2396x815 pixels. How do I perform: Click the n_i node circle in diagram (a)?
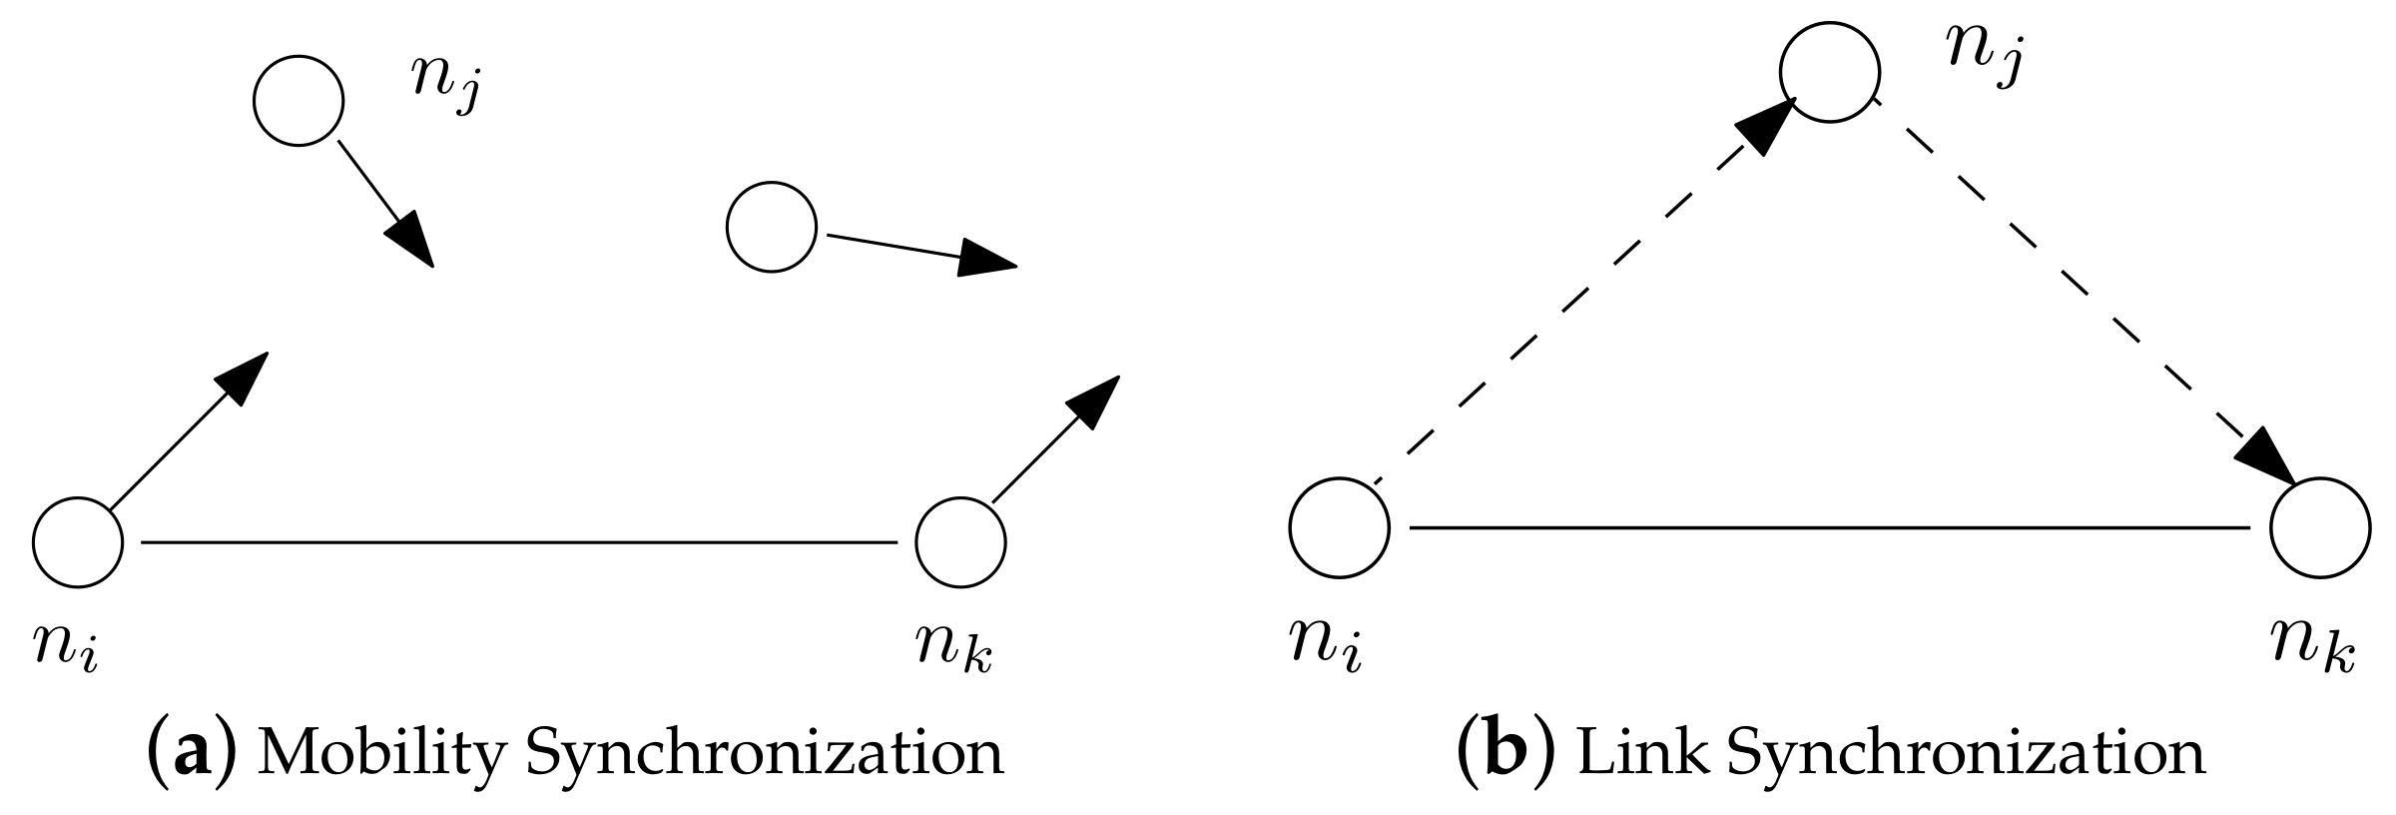coord(78,541)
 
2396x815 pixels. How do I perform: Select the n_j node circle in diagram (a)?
coord(299,102)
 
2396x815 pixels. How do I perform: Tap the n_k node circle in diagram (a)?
coord(960,541)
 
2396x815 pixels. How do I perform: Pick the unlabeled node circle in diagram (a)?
coord(772,227)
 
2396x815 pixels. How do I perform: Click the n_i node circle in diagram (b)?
coord(1339,527)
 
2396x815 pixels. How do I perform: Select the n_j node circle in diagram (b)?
coord(1830,72)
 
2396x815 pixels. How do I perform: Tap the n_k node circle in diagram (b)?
coord(2320,527)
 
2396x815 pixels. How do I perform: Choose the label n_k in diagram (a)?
coord(954,646)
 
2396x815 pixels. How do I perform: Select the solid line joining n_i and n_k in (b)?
coord(1829,526)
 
